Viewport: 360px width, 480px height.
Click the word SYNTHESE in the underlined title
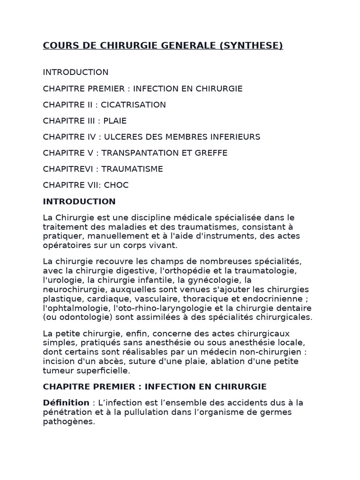(255, 45)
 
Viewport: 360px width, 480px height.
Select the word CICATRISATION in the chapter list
(133, 105)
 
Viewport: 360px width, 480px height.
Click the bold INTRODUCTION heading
(79, 202)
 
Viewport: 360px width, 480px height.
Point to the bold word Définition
(66, 403)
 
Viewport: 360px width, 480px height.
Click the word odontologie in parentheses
(77, 317)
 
